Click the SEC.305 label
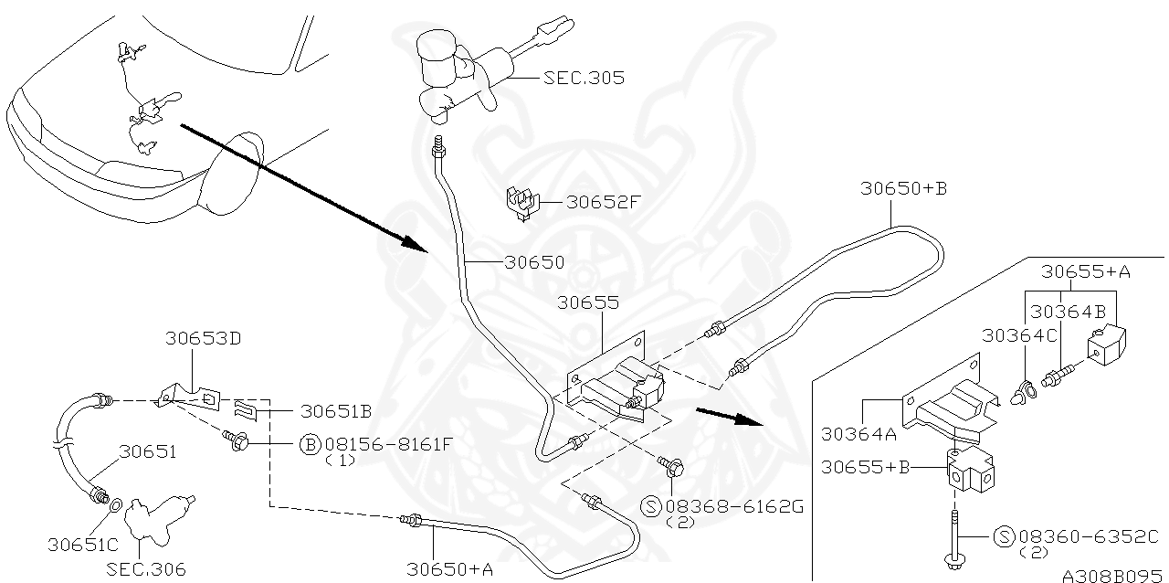click(x=584, y=78)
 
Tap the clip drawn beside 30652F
click(x=521, y=203)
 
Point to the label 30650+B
click(x=903, y=188)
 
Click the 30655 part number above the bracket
click(x=588, y=302)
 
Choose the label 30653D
click(x=203, y=337)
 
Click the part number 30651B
click(x=335, y=411)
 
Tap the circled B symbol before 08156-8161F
click(x=309, y=445)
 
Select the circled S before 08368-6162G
click(x=652, y=505)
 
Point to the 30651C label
click(x=83, y=545)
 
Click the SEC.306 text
click(x=145, y=569)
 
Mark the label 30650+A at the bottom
click(x=450, y=568)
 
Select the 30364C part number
click(x=1019, y=335)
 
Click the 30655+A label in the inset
click(x=1086, y=270)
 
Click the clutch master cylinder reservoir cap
click(x=442, y=43)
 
